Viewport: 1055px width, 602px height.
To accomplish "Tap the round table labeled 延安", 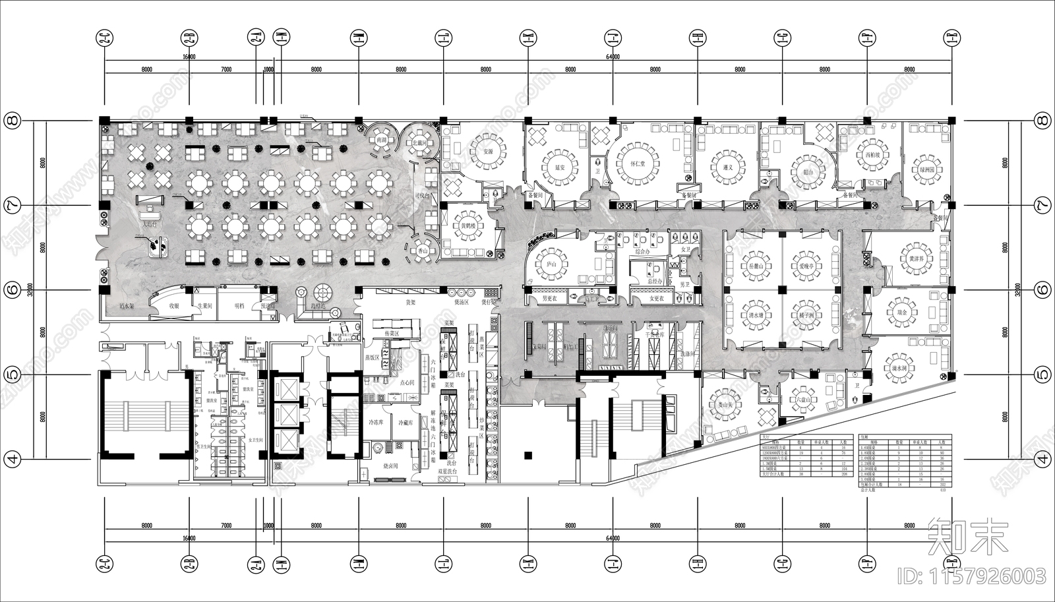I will pyautogui.click(x=560, y=167).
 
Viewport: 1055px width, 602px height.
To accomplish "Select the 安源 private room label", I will pyautogui.click(x=488, y=152).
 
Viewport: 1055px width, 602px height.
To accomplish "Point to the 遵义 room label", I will pyautogui.click(x=727, y=167).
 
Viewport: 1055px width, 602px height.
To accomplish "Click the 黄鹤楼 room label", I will pyautogui.click(x=468, y=226).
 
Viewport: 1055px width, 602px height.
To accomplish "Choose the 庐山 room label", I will pyautogui.click(x=551, y=264).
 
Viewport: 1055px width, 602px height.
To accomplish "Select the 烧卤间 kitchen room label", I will pyautogui.click(x=391, y=466).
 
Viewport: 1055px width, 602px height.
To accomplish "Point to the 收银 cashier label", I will pyautogui.click(x=174, y=306).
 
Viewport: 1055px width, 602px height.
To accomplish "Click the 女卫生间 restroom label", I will pyautogui.click(x=255, y=440).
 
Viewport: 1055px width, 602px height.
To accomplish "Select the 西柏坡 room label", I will pyautogui.click(x=873, y=156).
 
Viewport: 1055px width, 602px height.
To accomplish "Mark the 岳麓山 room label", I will pyautogui.click(x=756, y=266).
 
